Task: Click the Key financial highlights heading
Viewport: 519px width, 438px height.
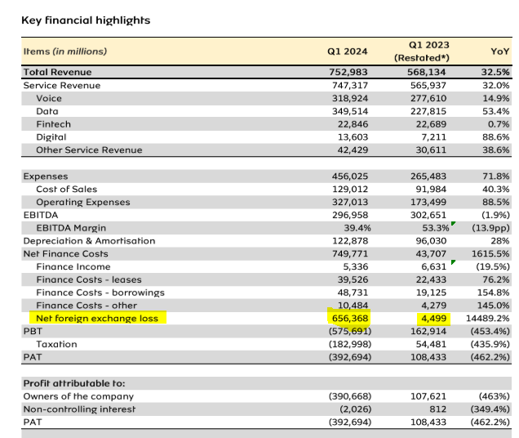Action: click(86, 20)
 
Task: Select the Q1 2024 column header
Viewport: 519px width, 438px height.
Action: click(347, 51)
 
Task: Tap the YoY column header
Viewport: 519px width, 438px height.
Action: click(499, 51)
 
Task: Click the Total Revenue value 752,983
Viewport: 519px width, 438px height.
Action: click(348, 72)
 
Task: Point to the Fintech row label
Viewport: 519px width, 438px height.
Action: click(54, 124)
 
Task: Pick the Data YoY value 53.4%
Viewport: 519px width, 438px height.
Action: click(496, 111)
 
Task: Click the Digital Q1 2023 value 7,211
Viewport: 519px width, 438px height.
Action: click(433, 137)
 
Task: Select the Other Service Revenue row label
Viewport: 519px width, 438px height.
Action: click(90, 150)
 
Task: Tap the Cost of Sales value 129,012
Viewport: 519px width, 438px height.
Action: click(350, 189)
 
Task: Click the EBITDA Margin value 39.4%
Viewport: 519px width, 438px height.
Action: click(357, 228)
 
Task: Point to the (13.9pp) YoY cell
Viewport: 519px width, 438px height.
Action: click(491, 228)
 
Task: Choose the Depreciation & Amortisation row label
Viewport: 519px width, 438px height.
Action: click(90, 241)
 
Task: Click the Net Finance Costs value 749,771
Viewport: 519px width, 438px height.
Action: click(350, 253)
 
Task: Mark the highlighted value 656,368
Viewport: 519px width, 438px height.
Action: click(350, 319)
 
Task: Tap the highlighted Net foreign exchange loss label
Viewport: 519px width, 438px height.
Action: click(97, 319)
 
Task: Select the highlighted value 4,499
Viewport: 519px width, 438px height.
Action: click(434, 319)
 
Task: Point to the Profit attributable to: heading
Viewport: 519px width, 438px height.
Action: click(74, 383)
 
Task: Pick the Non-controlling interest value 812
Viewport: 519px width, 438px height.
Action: click(438, 409)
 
